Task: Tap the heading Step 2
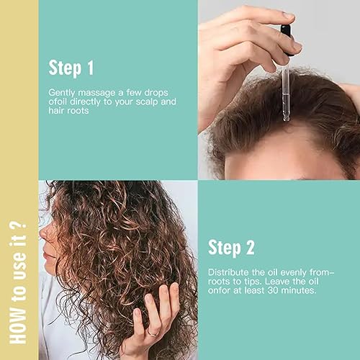231,248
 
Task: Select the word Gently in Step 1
60,93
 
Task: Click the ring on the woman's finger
153,333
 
